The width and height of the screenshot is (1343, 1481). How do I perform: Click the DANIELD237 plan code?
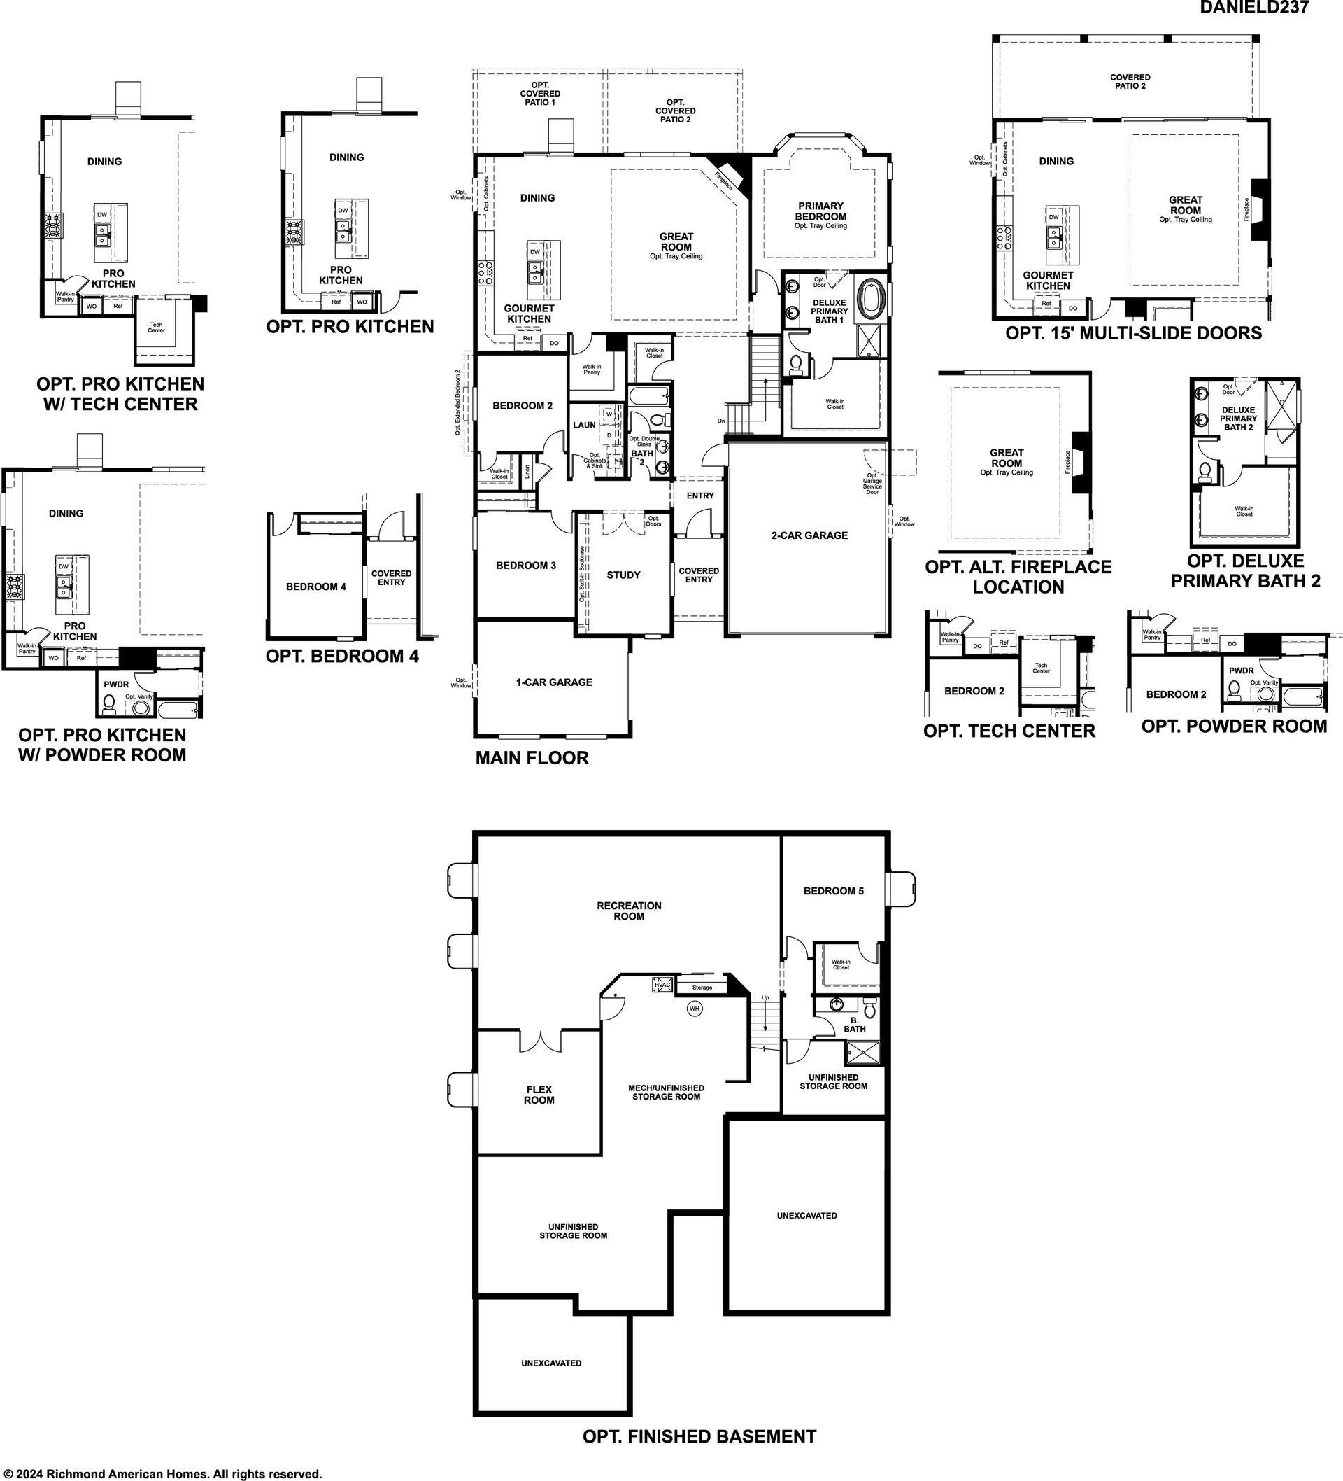[1254, 7]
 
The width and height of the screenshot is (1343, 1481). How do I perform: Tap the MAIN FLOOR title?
[532, 758]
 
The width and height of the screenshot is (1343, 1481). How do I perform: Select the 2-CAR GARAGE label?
[809, 535]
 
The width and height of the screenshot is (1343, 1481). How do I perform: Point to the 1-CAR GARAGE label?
[554, 682]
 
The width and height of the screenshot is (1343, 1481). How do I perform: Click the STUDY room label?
[623, 575]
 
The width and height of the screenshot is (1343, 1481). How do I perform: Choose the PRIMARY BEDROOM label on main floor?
[821, 211]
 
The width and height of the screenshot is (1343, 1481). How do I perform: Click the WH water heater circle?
[695, 1009]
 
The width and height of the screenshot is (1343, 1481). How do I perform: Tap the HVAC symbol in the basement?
[662, 984]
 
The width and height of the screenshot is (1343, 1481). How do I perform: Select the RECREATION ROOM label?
[630, 911]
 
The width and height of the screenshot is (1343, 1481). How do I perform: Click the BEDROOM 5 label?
[833, 891]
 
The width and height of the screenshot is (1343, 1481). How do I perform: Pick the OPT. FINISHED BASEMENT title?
[699, 1436]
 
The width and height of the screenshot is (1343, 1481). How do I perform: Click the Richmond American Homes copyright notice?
[162, 1474]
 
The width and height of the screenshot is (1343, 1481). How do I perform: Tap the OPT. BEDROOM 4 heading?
[342, 656]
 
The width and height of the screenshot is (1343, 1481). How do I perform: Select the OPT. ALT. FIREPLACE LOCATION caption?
[1018, 577]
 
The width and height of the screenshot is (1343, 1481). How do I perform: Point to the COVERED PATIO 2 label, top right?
[1130, 82]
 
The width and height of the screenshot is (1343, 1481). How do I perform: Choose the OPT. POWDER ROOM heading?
[1235, 727]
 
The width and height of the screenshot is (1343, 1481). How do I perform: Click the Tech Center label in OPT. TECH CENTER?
[1042, 668]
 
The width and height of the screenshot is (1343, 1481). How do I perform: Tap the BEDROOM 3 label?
[526, 566]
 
